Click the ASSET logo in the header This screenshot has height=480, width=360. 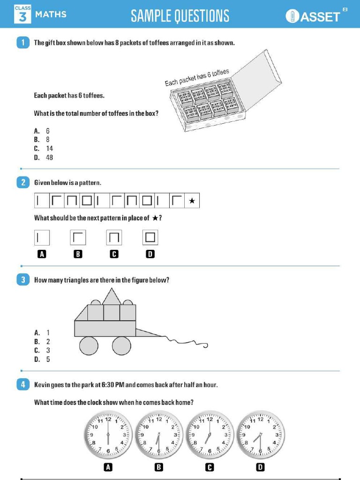tap(313, 16)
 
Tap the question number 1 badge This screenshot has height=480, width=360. tap(22, 43)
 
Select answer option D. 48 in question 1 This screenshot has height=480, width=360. tap(44, 157)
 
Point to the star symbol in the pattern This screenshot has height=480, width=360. tap(191, 201)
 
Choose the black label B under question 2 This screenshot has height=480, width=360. tap(78, 254)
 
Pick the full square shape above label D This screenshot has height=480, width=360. tap(150, 238)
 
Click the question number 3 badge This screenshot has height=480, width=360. tap(22, 280)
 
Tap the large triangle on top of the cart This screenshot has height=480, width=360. tap(112, 297)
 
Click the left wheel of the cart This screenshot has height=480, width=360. tap(89, 346)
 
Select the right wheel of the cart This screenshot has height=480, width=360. tap(121, 346)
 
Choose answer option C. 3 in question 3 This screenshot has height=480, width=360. tap(43, 350)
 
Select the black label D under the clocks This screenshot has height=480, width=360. tap(260, 466)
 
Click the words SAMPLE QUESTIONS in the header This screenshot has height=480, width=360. tap(180, 16)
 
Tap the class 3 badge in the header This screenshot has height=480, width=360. tap(22, 14)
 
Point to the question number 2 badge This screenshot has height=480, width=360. tap(22, 183)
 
